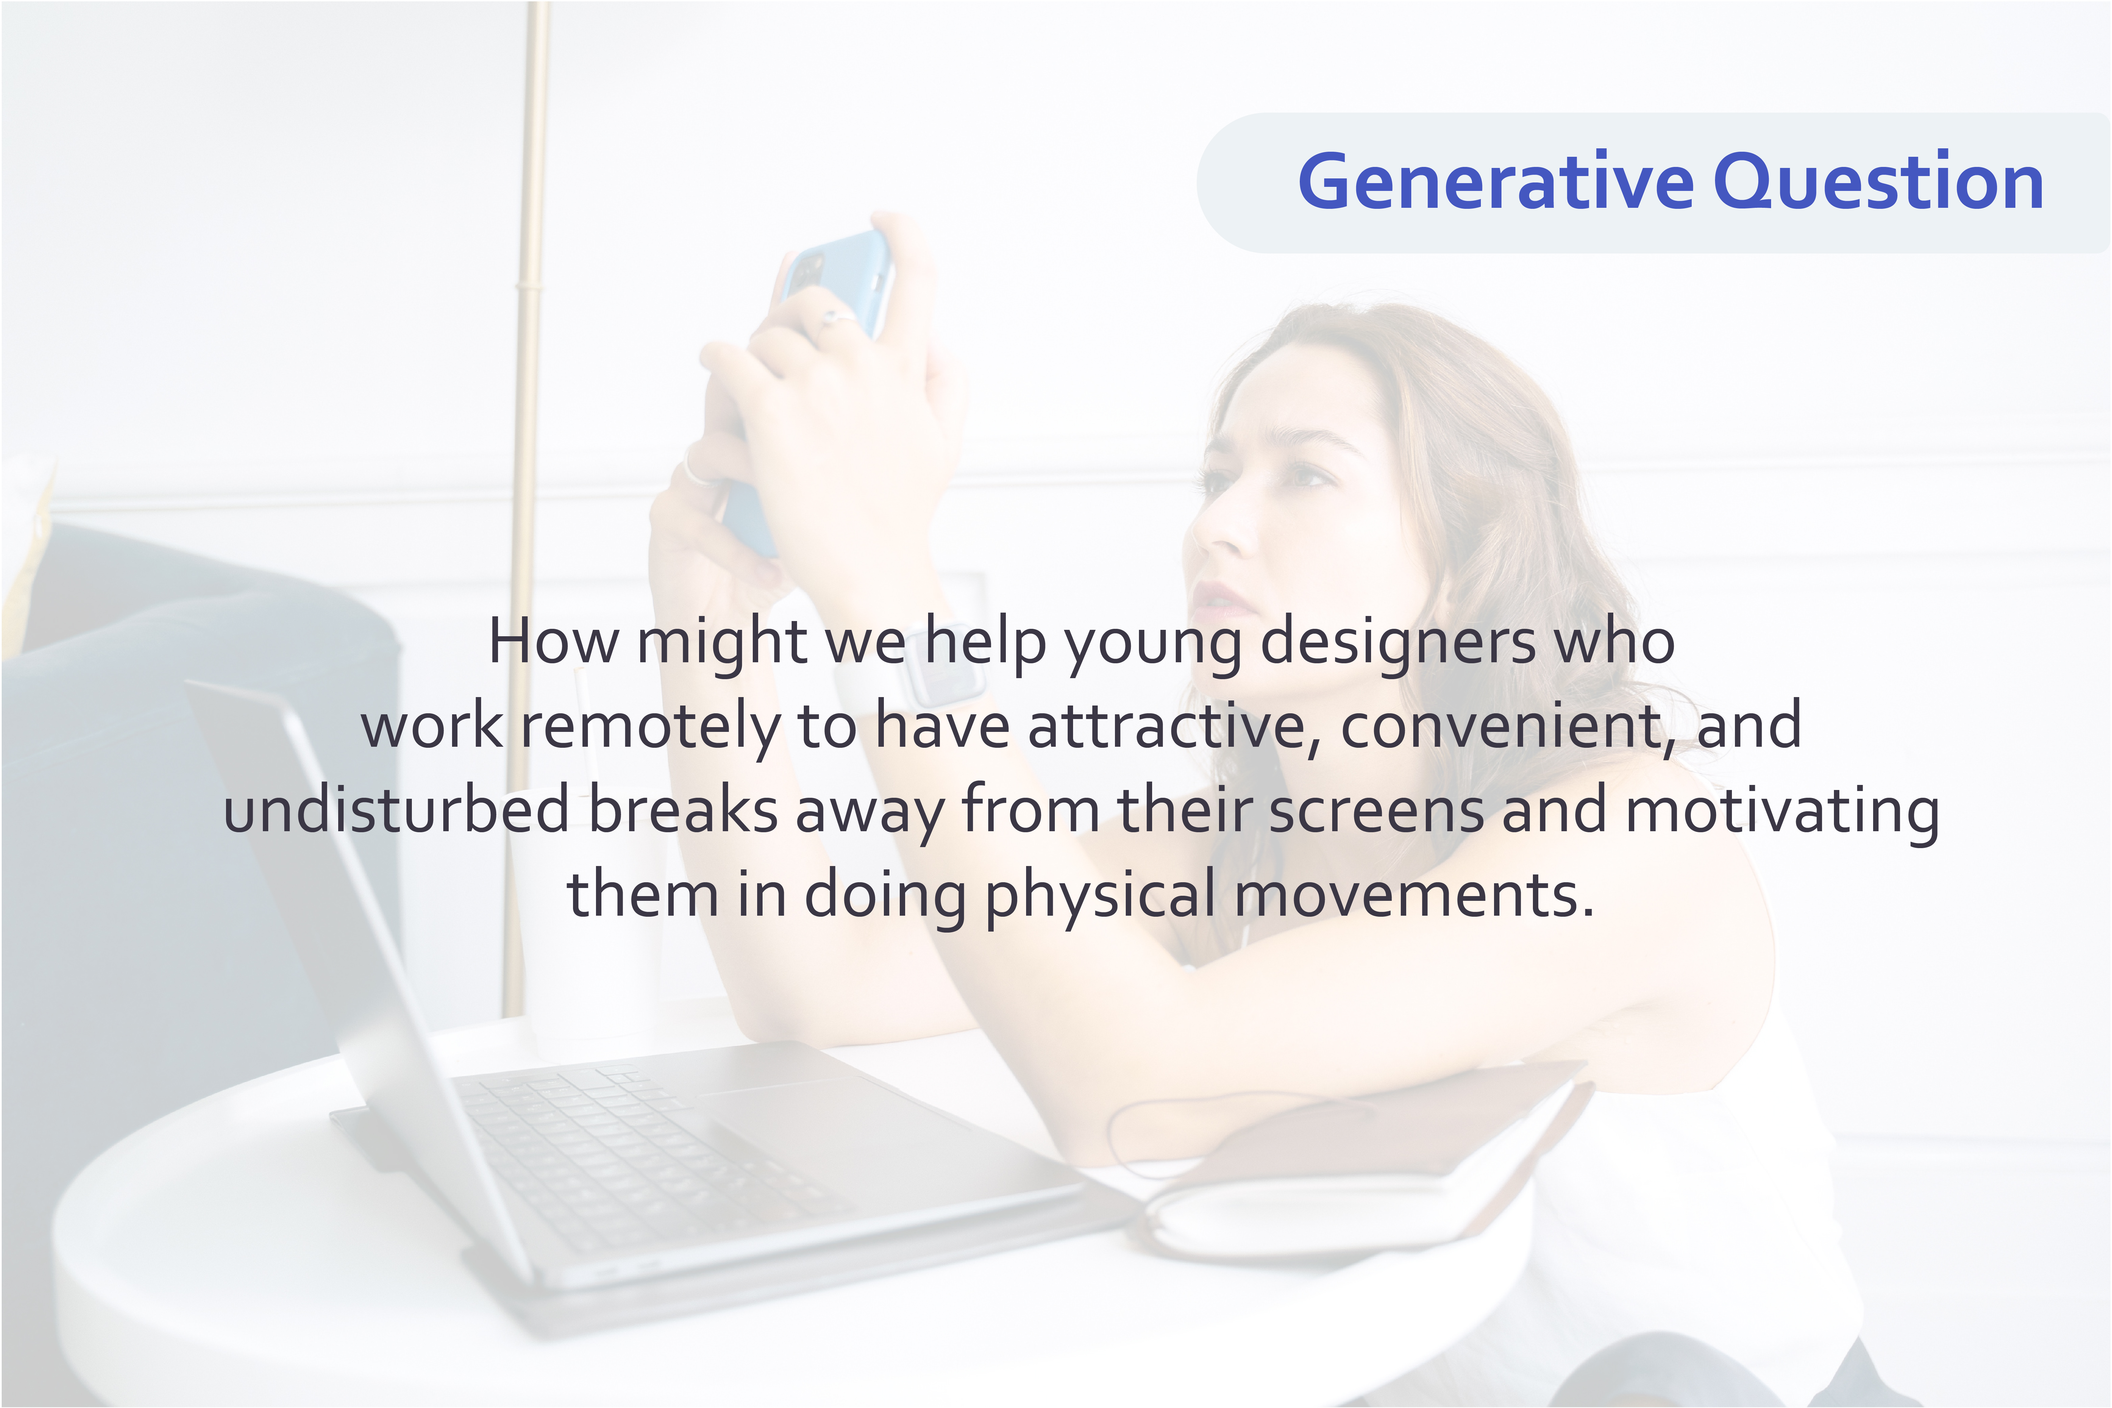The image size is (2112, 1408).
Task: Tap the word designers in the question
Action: pos(1398,644)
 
